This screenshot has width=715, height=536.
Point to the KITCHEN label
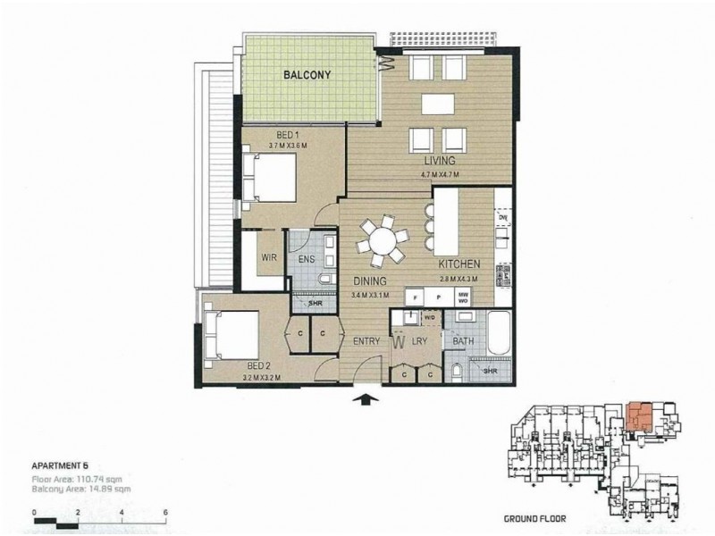460,265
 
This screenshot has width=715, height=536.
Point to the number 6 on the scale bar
166,512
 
